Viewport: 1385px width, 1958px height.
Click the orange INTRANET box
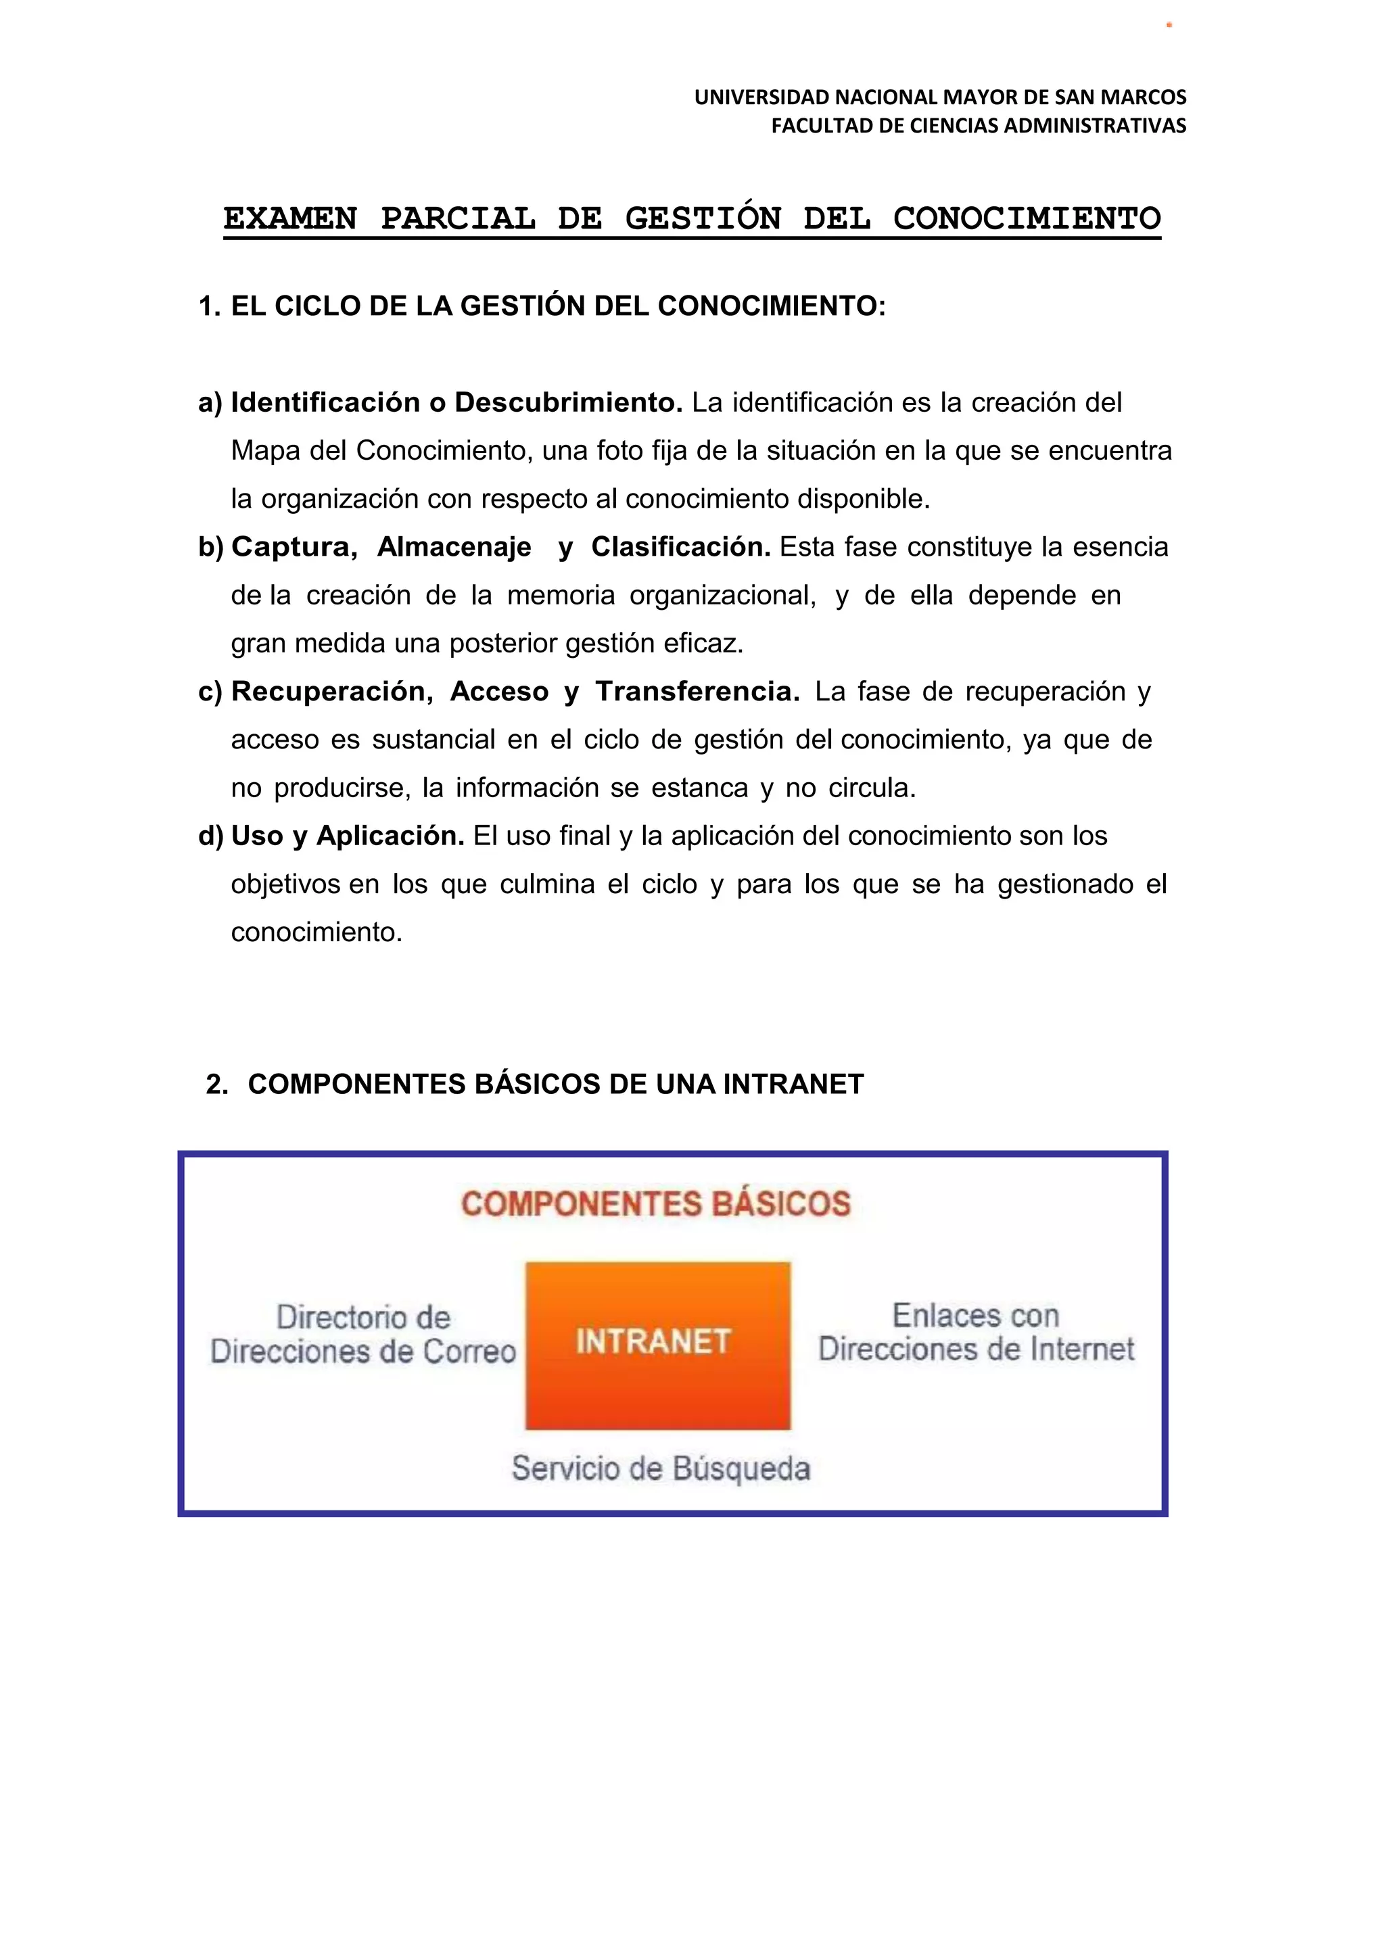pyautogui.click(x=657, y=1345)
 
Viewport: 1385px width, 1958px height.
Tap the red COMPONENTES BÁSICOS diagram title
pyautogui.click(x=656, y=1204)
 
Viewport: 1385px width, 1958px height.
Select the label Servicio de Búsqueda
pyautogui.click(x=661, y=1468)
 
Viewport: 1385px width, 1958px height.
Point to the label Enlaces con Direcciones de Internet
pyautogui.click(x=976, y=1333)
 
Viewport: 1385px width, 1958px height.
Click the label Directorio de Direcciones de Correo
pyautogui.click(x=363, y=1335)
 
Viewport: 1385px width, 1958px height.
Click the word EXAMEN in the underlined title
pyautogui.click(x=290, y=219)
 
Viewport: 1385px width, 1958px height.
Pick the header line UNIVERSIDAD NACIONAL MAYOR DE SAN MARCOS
pyautogui.click(x=940, y=97)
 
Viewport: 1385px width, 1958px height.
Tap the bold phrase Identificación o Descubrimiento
pyautogui.click(x=456, y=402)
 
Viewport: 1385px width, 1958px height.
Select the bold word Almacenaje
pyautogui.click(x=454, y=547)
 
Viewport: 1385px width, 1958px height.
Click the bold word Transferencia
pyautogui.click(x=697, y=691)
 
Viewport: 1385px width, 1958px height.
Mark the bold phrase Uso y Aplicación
pyautogui.click(x=347, y=836)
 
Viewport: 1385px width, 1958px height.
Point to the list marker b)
pyautogui.click(x=210, y=547)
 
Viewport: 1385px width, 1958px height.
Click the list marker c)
pyautogui.click(x=210, y=691)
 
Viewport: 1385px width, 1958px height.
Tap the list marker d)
pyautogui.click(x=210, y=836)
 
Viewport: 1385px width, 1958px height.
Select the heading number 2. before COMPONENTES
pyautogui.click(x=216, y=1084)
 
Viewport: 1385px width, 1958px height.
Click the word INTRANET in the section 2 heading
pyautogui.click(x=793, y=1084)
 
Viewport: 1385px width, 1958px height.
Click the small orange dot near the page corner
pyautogui.click(x=1169, y=25)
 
